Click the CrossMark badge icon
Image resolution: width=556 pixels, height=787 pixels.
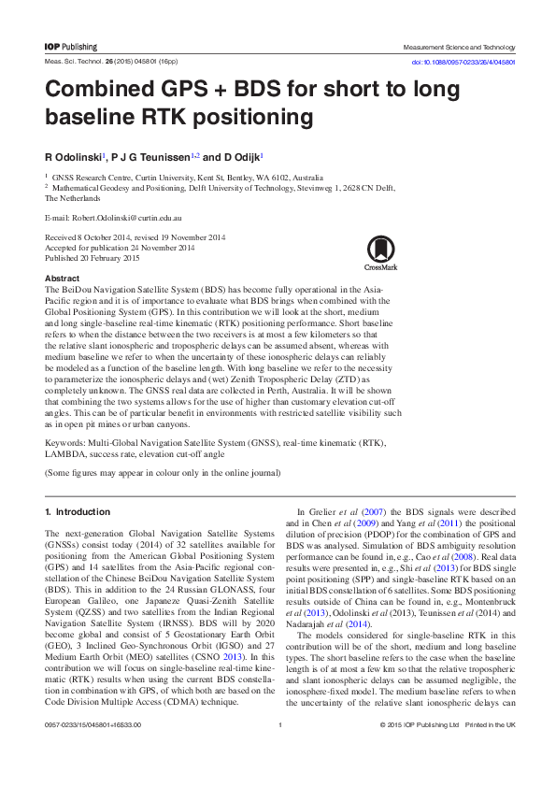[x=380, y=251]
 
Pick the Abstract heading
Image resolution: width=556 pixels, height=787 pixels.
[x=63, y=279]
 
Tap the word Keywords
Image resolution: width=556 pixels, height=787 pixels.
[x=64, y=441]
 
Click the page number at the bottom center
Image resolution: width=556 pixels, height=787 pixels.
[x=279, y=751]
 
